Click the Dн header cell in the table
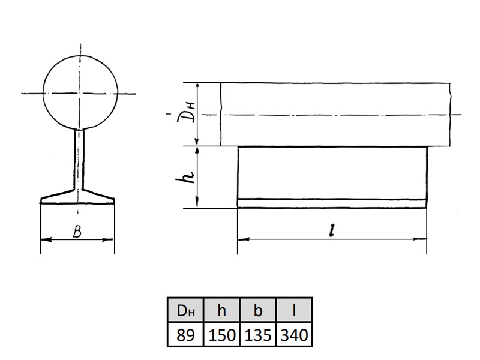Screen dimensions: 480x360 click(x=185, y=310)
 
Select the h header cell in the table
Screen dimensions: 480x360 click(x=221, y=310)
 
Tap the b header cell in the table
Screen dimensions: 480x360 click(x=258, y=310)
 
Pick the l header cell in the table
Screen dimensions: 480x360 click(x=294, y=310)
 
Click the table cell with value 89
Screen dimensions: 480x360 click(x=185, y=334)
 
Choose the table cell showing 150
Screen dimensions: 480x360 click(x=221, y=334)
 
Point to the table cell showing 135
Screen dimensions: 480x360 click(x=258, y=334)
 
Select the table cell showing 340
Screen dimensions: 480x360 click(x=294, y=334)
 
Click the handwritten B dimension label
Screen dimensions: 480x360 click(x=77, y=232)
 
